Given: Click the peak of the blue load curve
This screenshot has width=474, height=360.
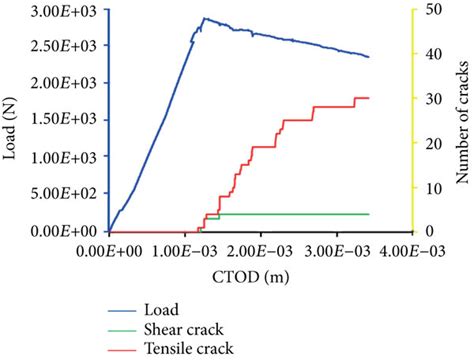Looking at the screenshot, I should [x=204, y=18].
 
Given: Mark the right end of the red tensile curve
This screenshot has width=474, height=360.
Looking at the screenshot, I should [x=369, y=98].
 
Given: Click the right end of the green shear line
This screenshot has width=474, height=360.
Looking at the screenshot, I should [x=369, y=214].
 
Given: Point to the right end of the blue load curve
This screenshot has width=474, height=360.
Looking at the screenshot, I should [x=369, y=57].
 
